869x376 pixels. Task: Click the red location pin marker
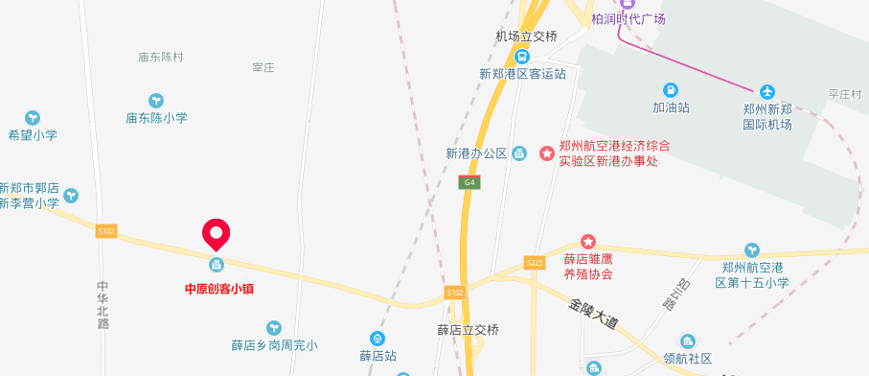(x=217, y=233)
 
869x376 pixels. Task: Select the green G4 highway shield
(x=469, y=182)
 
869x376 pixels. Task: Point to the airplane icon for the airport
(x=766, y=91)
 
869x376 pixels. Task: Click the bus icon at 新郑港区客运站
(x=522, y=56)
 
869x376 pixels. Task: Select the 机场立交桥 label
(x=526, y=36)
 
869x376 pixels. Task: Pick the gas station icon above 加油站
(x=671, y=90)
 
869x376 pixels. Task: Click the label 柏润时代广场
(x=628, y=19)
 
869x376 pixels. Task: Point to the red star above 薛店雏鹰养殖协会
(x=588, y=241)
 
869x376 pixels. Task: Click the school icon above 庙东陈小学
(x=156, y=100)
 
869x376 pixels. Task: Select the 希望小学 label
(x=33, y=135)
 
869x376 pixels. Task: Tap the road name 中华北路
(x=103, y=304)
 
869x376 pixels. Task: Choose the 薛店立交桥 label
(x=469, y=330)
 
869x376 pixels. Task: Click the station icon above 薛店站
(x=378, y=338)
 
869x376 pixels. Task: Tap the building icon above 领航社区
(x=687, y=341)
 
